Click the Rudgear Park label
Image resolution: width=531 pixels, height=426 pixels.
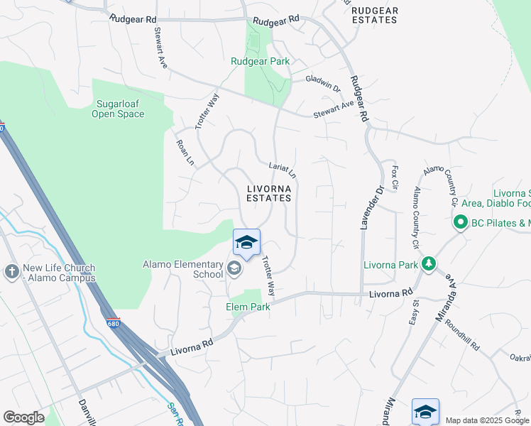coord(260,62)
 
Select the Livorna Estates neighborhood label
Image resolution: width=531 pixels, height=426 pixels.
coord(269,193)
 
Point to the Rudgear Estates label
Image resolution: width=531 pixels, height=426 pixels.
coord(375,15)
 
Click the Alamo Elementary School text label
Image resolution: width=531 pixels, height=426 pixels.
coord(183,269)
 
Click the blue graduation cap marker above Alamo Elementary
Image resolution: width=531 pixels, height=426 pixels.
coord(246,243)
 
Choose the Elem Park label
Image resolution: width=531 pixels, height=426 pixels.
coord(248,307)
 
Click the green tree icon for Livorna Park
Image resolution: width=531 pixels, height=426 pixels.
coord(429,265)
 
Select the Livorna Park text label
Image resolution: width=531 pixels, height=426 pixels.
coord(390,266)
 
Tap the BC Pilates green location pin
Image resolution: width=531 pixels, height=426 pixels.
coord(460,223)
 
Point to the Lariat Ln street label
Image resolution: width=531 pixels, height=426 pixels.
coord(282,170)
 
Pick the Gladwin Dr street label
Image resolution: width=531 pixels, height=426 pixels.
coord(323,83)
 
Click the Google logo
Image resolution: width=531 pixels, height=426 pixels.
coord(23,417)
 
